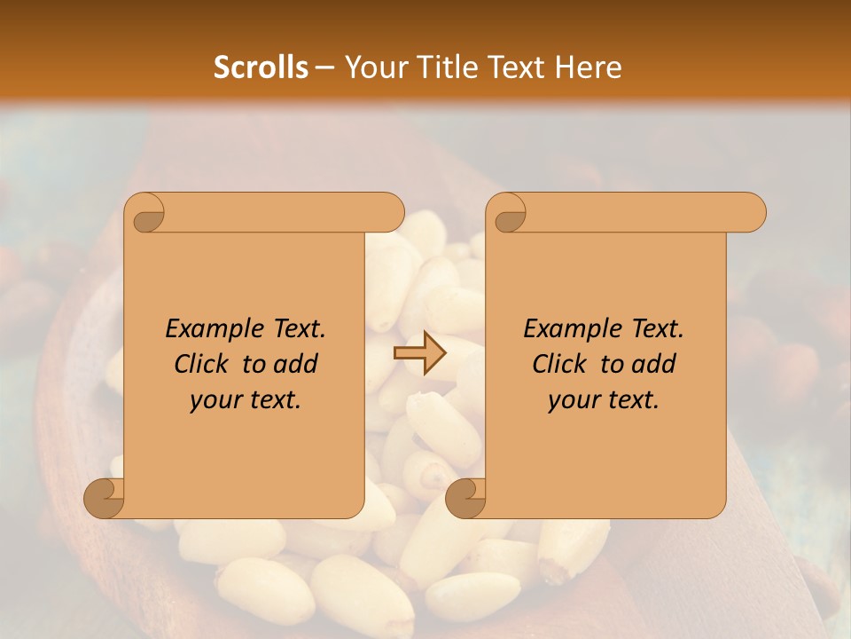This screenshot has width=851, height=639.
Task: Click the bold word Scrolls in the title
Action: pyautogui.click(x=262, y=67)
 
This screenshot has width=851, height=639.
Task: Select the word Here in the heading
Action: pyautogui.click(x=589, y=67)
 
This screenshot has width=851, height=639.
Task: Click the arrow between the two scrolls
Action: pyautogui.click(x=419, y=354)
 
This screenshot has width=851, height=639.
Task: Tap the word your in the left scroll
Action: pyautogui.click(x=214, y=400)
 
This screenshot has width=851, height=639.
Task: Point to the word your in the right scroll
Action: pyautogui.click(x=572, y=400)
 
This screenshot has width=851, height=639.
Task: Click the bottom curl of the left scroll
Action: pyautogui.click(x=103, y=499)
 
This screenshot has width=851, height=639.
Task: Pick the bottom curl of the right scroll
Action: pyautogui.click(x=465, y=499)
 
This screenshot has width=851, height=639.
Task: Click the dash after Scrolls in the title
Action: pyautogui.click(x=324, y=67)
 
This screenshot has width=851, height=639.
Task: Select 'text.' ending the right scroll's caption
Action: pyautogui.click(x=632, y=400)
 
